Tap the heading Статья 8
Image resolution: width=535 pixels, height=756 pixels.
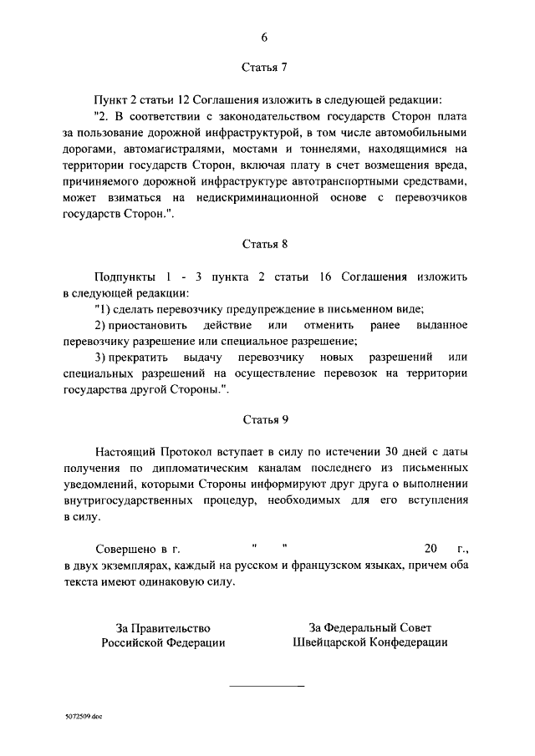click(265, 244)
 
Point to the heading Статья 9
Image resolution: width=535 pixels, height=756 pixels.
click(265, 421)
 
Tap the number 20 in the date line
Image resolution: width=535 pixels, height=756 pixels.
click(431, 549)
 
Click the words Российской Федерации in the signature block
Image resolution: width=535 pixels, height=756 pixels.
click(164, 642)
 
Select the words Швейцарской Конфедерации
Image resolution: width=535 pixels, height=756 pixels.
click(370, 642)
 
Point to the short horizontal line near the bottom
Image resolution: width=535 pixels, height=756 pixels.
click(267, 686)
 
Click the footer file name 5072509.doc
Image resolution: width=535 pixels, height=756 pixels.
click(84, 717)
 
